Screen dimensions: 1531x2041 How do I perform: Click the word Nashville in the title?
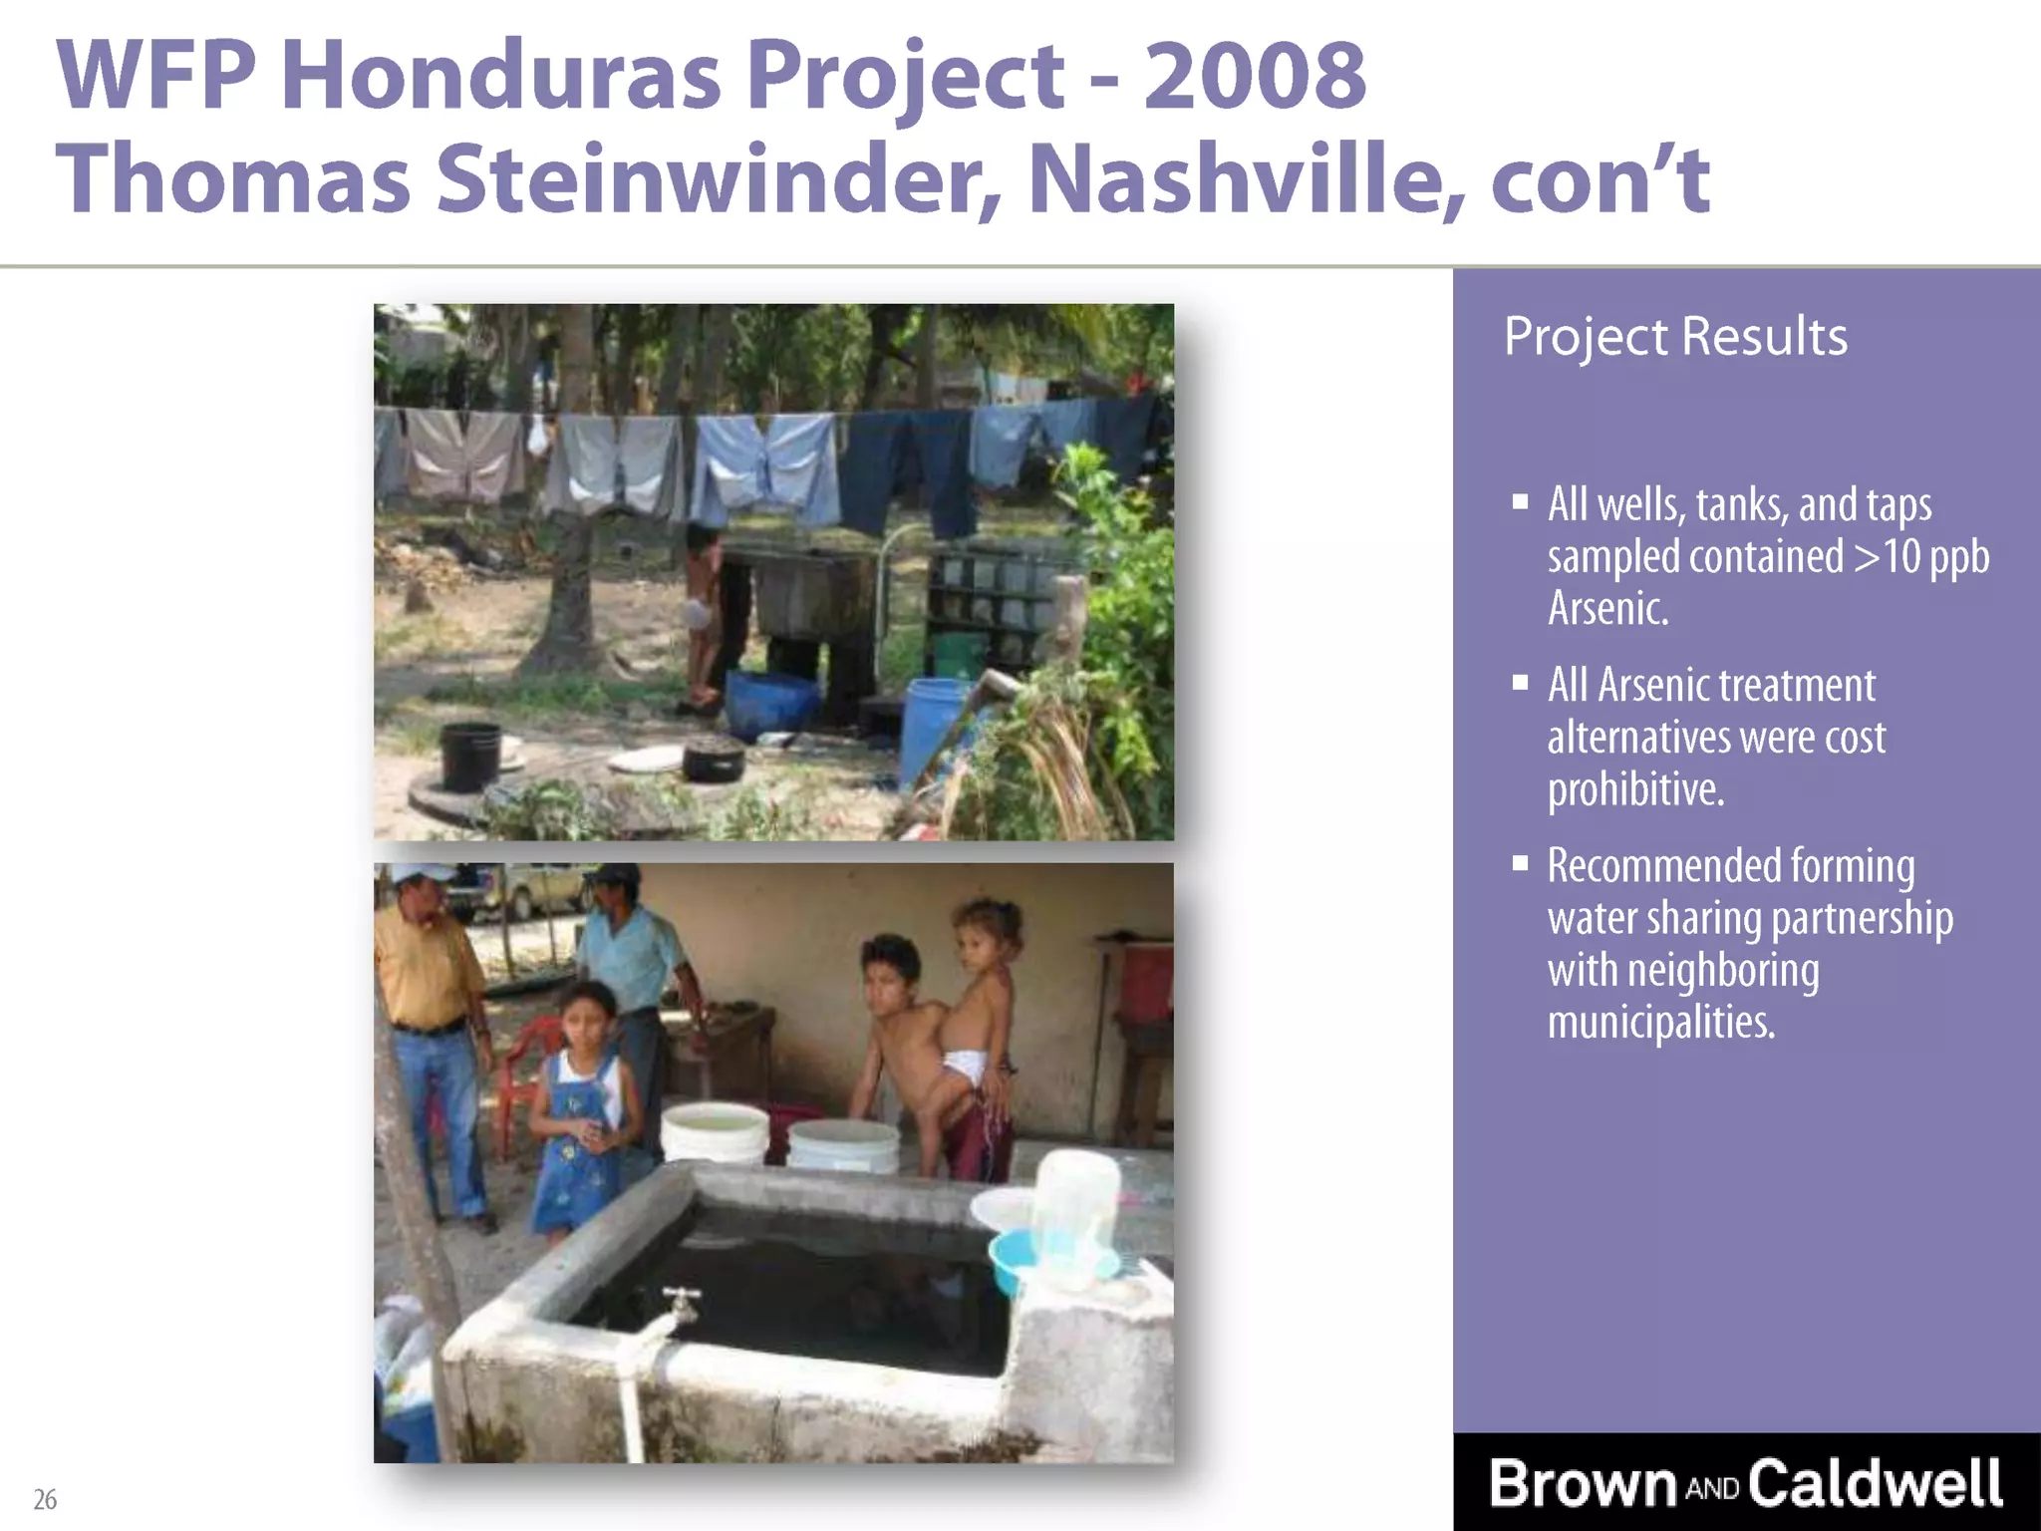1246,180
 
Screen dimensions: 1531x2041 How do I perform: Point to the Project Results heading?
1675,337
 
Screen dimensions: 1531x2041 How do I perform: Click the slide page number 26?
45,1499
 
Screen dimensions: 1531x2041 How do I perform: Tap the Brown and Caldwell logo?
1745,1483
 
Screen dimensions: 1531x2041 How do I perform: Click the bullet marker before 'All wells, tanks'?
1520,501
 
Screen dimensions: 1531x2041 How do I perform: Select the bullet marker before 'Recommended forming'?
1520,862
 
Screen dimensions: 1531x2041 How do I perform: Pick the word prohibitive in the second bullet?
1635,789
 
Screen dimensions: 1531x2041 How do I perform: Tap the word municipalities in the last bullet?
1661,1022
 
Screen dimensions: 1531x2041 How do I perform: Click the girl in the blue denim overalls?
578,1116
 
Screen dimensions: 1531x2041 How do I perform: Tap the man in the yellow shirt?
429,1027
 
